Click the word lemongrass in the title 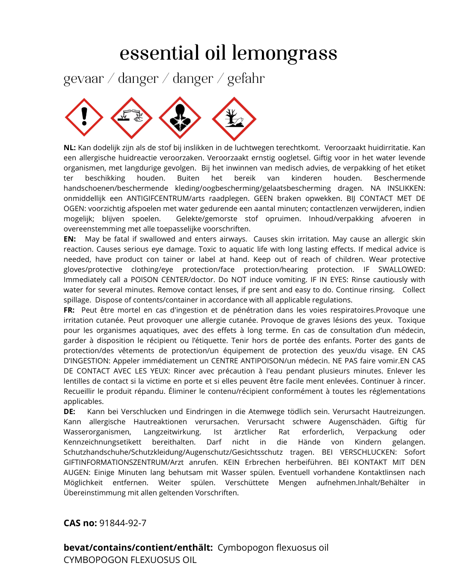click(284, 54)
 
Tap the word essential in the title click(159, 53)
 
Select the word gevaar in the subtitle click(83, 79)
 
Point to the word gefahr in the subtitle click(246, 79)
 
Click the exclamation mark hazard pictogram click(84, 117)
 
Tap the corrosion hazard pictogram click(132, 118)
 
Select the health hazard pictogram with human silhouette click(180, 118)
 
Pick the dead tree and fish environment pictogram click(234, 119)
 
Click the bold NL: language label click(69, 148)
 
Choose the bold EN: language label click(70, 239)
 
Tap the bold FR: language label click(69, 310)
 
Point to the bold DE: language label click(69, 412)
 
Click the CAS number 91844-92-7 click(123, 523)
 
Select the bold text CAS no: click(80, 523)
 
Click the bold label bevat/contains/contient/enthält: click(138, 548)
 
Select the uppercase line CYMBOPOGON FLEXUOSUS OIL click(130, 560)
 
